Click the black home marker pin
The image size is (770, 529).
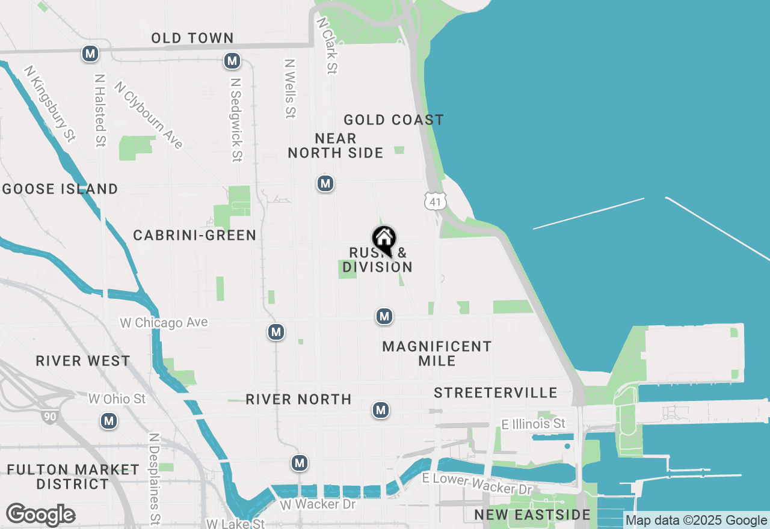(384, 240)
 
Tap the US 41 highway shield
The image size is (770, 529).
(435, 201)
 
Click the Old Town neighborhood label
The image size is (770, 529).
(192, 38)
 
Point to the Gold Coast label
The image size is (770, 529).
(393, 120)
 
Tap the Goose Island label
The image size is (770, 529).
(60, 189)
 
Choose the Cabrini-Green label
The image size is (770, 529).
(195, 235)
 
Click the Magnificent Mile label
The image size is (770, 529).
(437, 353)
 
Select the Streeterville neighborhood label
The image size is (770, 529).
(496, 393)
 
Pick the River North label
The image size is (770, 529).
(298, 399)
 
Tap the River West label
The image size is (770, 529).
(83, 361)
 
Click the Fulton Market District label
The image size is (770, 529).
(73, 477)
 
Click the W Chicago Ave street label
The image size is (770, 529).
(164, 323)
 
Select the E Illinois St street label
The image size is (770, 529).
(534, 424)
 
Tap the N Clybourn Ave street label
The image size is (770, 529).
(148, 115)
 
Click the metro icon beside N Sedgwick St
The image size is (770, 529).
(232, 61)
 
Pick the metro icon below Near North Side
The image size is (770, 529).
(325, 183)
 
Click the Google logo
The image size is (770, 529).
(40, 515)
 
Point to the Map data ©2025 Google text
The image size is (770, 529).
(697, 521)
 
